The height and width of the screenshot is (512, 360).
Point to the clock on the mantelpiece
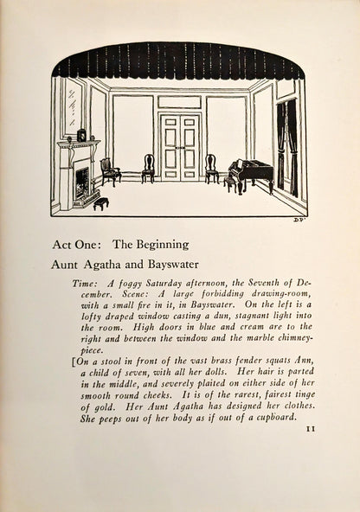pyautogui.click(x=81, y=135)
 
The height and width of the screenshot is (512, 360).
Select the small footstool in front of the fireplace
pyautogui.click(x=101, y=203)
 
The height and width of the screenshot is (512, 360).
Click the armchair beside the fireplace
pyautogui.click(x=110, y=170)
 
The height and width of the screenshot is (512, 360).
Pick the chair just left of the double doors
pyautogui.click(x=148, y=167)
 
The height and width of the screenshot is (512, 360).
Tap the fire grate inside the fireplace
pyautogui.click(x=82, y=182)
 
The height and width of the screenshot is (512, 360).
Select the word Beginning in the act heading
pyautogui.click(x=157, y=245)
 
